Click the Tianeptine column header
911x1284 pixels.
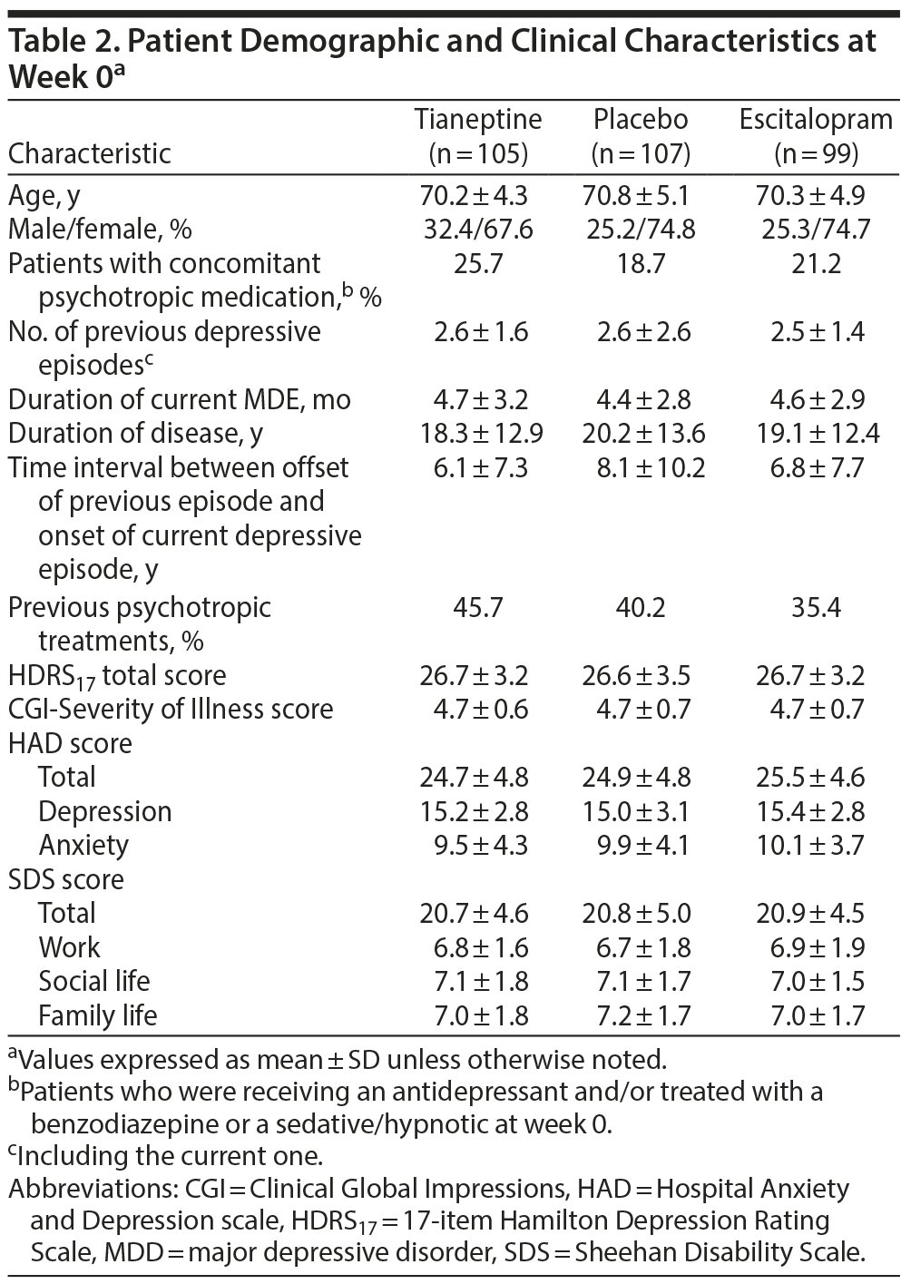coord(478,136)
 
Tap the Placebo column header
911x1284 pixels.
coord(641,136)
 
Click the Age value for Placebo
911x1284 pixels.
coord(641,195)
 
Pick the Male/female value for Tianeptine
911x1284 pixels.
coord(478,229)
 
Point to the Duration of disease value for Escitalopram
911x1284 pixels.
coord(818,433)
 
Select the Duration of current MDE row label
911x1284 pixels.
coord(179,399)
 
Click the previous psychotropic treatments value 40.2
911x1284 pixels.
coord(641,607)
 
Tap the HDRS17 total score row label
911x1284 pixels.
coord(117,676)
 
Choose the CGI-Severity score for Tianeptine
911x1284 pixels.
coord(478,709)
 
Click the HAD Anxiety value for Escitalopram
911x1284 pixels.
coord(818,846)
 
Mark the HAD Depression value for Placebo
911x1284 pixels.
coord(641,811)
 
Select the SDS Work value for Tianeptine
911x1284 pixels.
coord(478,947)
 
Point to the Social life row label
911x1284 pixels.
coord(94,981)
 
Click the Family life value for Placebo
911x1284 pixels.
coord(641,1015)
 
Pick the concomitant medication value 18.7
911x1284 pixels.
coord(641,263)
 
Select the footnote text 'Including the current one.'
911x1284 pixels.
coord(169,1157)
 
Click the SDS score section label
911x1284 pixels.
coord(66,879)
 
